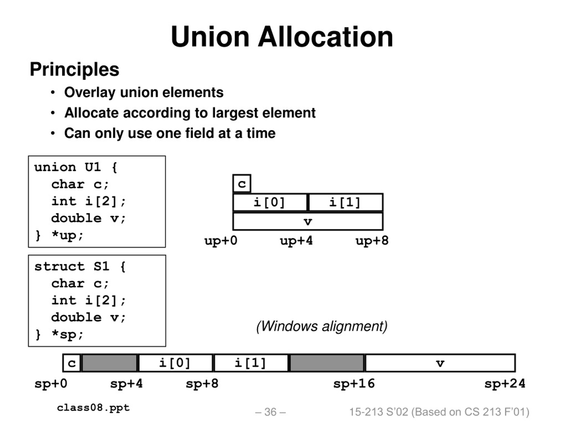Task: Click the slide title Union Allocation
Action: point(282,37)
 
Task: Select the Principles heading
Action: point(75,70)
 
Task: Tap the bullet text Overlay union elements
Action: point(144,93)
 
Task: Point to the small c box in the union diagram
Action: point(242,184)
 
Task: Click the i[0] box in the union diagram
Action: point(270,202)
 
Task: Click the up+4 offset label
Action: point(296,241)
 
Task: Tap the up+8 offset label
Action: point(372,241)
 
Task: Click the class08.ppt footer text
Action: point(93,408)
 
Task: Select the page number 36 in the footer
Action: point(271,412)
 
